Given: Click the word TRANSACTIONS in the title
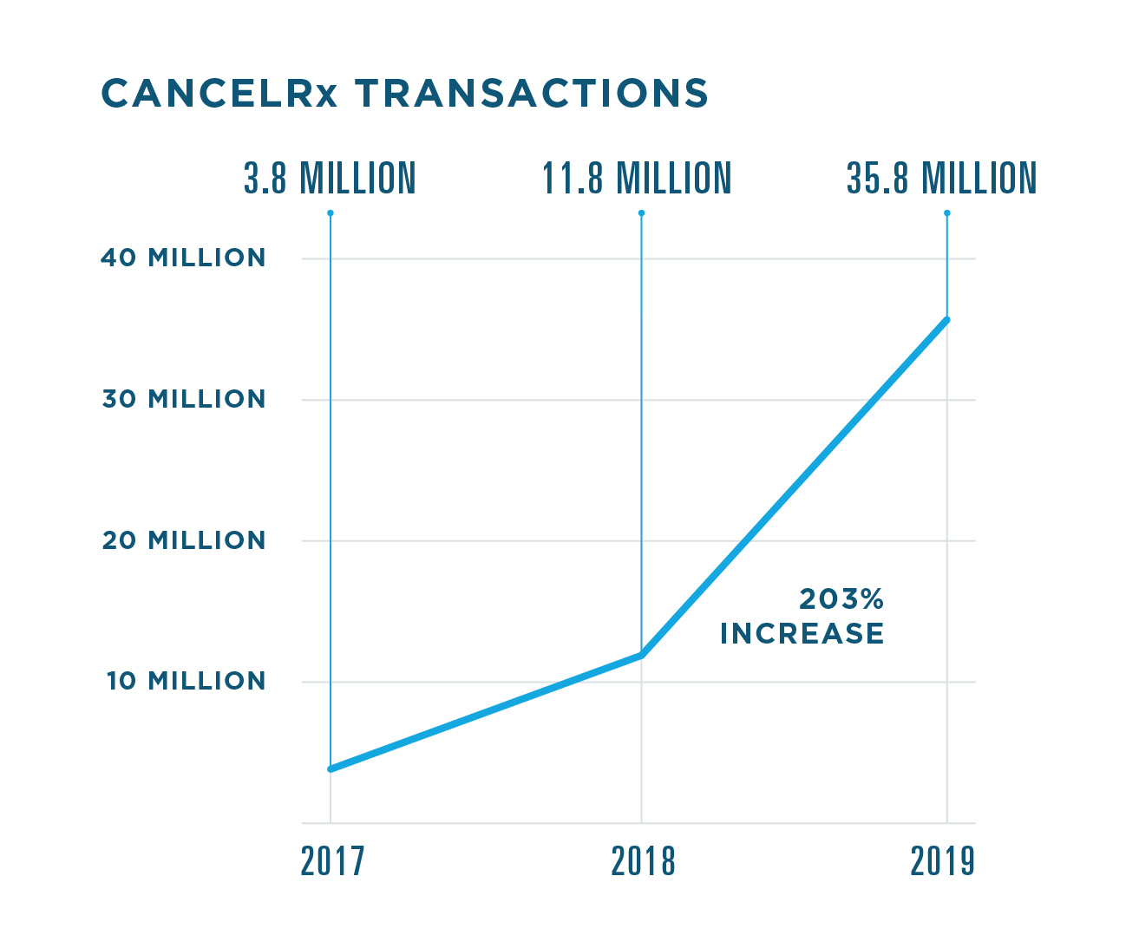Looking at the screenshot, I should pyautogui.click(x=531, y=94).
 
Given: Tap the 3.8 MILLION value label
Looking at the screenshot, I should pyautogui.click(x=330, y=179).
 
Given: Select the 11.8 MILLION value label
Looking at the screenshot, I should pyautogui.click(x=638, y=179).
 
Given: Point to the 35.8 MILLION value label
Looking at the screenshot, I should pyautogui.click(x=942, y=179).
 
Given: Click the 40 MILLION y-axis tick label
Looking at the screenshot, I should pyautogui.click(x=183, y=258).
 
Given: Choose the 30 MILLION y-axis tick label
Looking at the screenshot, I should pyautogui.click(x=183, y=399).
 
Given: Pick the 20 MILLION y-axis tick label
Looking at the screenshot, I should pyautogui.click(x=183, y=540).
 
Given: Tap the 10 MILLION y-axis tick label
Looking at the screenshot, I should pyautogui.click(x=186, y=681).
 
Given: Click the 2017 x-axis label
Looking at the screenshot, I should pyautogui.click(x=333, y=861).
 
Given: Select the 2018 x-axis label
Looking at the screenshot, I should pyautogui.click(x=643, y=861).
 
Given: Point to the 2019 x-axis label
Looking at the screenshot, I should pyautogui.click(x=943, y=861).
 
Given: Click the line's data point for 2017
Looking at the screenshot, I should pyautogui.click(x=331, y=768).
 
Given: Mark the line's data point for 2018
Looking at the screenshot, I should pyautogui.click(x=641, y=655).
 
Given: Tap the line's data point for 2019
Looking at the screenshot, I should pyautogui.click(x=946, y=320).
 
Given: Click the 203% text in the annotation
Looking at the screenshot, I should pyautogui.click(x=841, y=599).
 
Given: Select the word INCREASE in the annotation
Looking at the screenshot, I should pyautogui.click(x=802, y=634).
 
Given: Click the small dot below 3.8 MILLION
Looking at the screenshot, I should pyautogui.click(x=331, y=213).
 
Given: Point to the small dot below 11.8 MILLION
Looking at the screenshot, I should pyautogui.click(x=641, y=213).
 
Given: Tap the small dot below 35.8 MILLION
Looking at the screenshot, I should pyautogui.click(x=946, y=213).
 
